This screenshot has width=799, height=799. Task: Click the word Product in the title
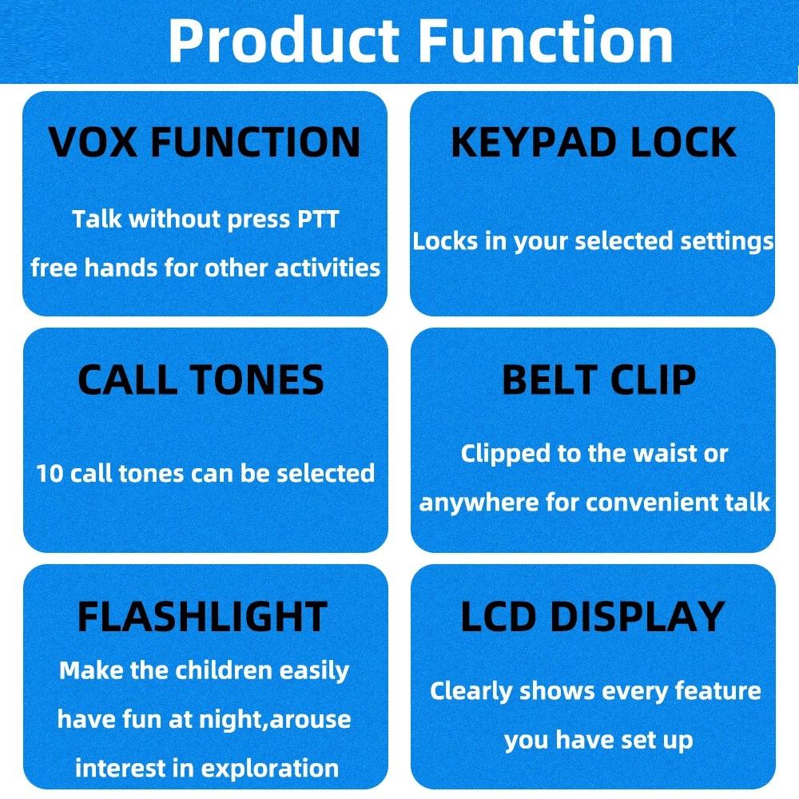click(x=284, y=41)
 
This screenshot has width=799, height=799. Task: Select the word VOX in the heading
click(x=92, y=142)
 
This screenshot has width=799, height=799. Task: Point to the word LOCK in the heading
click(x=683, y=142)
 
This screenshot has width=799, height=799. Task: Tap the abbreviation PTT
click(x=318, y=220)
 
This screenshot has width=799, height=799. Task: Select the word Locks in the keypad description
click(x=445, y=241)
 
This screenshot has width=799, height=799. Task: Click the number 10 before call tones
click(x=50, y=473)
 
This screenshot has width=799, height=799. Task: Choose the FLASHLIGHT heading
click(x=202, y=617)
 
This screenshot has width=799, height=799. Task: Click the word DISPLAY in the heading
click(x=638, y=617)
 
